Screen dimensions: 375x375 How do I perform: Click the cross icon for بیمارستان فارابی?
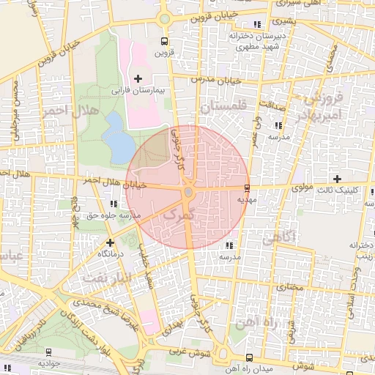(x=138, y=78)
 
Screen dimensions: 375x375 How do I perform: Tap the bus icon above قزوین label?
(x=164, y=42)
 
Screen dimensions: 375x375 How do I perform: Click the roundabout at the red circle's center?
(x=188, y=192)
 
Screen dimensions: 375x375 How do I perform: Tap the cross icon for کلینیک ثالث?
(x=337, y=179)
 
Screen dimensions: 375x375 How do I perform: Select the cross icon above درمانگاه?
(x=110, y=242)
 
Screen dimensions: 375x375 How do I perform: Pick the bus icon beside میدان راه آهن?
(x=249, y=357)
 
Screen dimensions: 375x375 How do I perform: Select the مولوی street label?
(x=302, y=187)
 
